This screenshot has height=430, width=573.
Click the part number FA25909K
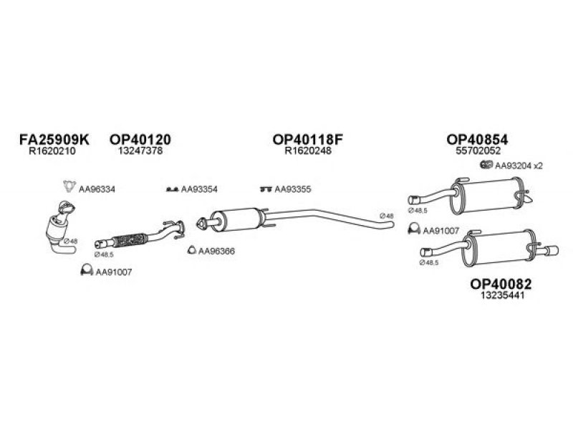[x=54, y=140]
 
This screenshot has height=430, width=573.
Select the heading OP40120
[x=140, y=140]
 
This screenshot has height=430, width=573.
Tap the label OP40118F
[x=309, y=140]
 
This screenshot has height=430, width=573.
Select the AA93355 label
[x=296, y=189]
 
